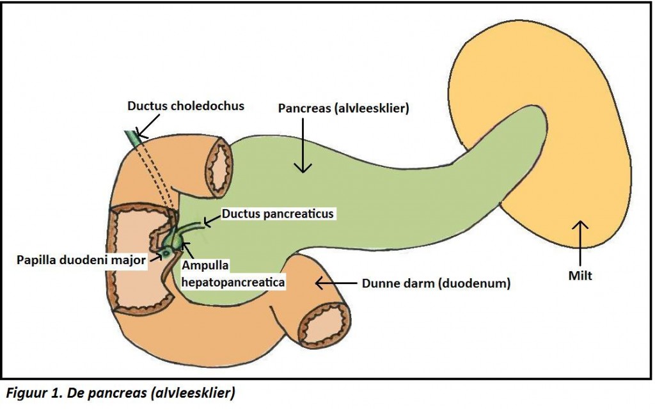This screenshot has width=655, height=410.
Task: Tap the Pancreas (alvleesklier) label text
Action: [343, 109]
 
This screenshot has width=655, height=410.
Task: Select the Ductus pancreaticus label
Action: [278, 214]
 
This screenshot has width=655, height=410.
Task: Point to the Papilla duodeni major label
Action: [81, 259]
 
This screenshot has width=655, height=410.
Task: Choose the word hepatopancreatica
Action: [233, 280]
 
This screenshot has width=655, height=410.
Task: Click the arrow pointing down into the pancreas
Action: [303, 146]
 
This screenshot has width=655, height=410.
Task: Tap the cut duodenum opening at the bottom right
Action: [326, 323]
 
